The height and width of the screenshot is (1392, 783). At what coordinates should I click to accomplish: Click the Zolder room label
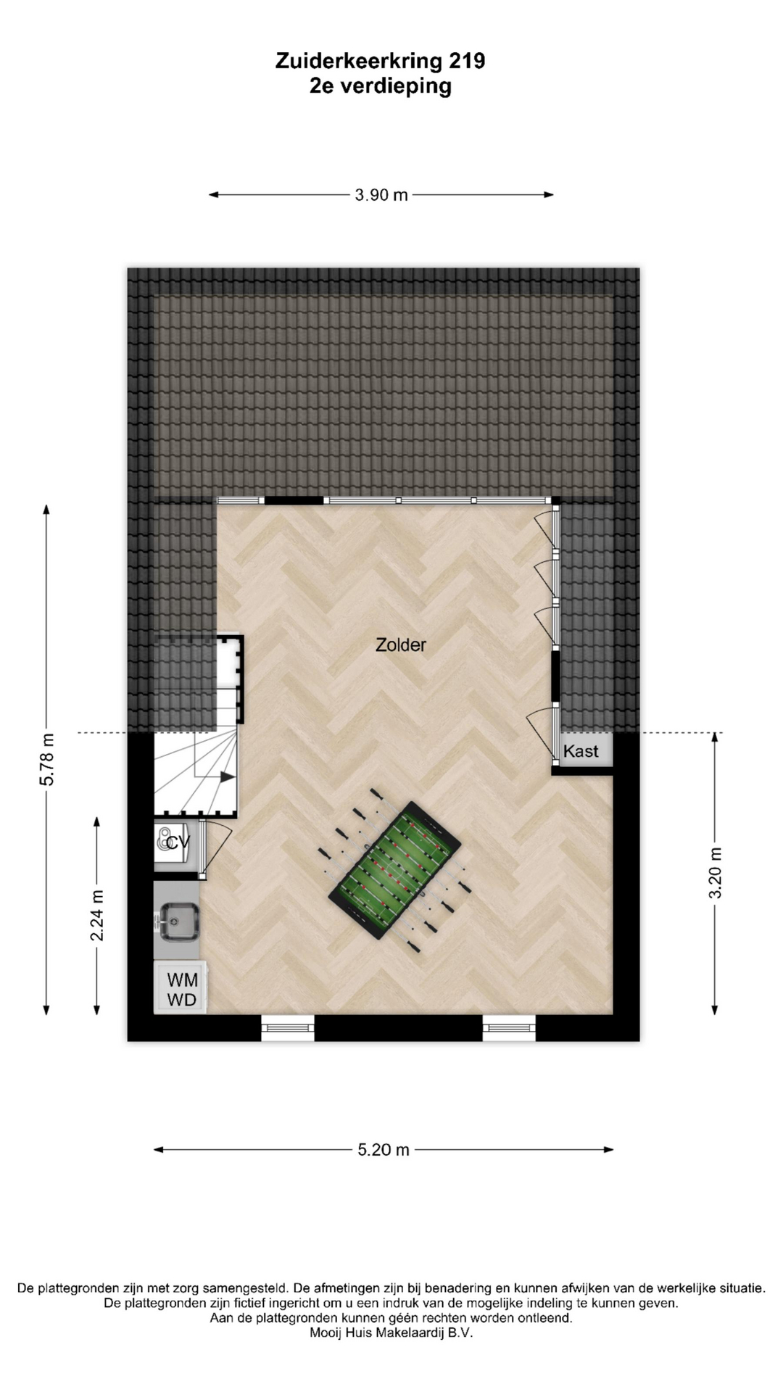(400, 645)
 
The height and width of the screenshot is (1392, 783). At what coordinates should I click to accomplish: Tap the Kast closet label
(581, 751)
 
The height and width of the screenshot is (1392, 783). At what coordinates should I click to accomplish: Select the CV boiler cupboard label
(178, 842)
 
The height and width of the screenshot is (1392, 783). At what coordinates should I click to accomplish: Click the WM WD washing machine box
(181, 988)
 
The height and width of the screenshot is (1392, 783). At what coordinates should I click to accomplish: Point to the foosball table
(395, 870)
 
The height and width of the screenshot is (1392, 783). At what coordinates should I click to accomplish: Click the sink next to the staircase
(178, 921)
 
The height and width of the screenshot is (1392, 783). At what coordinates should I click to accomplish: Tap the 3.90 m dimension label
(381, 195)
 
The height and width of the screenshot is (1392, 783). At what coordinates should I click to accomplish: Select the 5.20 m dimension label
(384, 1150)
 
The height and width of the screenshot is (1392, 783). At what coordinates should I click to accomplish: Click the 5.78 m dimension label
(47, 759)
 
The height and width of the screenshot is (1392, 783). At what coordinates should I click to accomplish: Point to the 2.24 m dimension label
(96, 916)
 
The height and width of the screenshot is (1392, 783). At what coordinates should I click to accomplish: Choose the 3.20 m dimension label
(715, 873)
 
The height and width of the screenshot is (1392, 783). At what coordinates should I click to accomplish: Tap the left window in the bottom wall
(288, 1027)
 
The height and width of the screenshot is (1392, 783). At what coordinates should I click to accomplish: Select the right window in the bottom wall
(509, 1027)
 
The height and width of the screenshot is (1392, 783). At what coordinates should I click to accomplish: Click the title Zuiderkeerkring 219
(381, 61)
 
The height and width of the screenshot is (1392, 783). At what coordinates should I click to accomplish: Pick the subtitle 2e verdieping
(381, 86)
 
